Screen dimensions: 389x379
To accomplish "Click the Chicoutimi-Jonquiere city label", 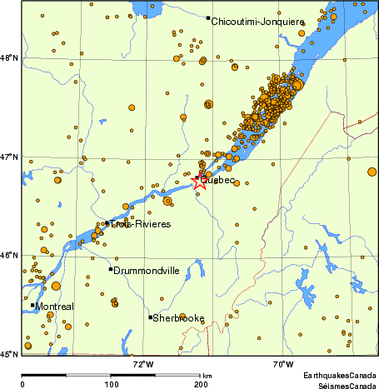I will (257, 21).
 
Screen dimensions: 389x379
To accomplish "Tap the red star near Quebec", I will (199, 181).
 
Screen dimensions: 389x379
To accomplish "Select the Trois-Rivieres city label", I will (142, 225).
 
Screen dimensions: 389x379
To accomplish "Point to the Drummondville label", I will (147, 271).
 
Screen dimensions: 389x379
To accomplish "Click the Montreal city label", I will (54, 307).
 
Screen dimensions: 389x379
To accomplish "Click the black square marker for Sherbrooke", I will (151, 317).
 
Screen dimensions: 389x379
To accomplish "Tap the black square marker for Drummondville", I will (110, 269).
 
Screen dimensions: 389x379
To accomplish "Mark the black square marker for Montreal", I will (32, 306).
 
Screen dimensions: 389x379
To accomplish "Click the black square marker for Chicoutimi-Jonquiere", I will (207, 17).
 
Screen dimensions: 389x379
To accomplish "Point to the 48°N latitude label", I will (11, 57).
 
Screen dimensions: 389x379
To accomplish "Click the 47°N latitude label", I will (11, 157).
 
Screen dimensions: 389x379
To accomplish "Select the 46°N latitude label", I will (11, 255).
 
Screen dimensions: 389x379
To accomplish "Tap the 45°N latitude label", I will (11, 354).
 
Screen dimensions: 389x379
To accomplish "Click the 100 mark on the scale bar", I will (110, 384).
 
